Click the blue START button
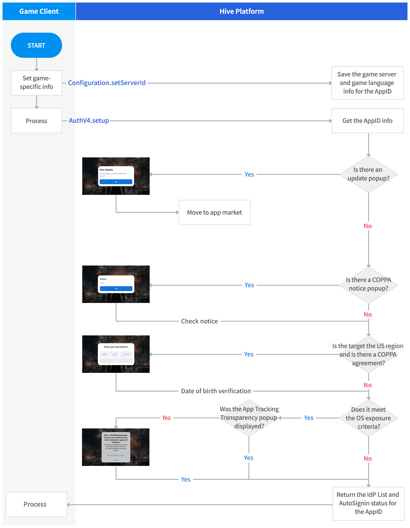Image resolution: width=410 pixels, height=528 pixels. [36, 45]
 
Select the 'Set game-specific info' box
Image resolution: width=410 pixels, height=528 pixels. [36, 83]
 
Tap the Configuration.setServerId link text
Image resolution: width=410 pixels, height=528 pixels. [107, 83]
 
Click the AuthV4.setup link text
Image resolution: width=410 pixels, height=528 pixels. [89, 121]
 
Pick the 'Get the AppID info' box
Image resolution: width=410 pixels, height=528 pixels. [367, 121]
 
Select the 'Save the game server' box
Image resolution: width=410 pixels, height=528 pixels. [367, 83]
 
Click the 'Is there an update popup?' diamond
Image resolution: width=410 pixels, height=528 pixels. [368, 174]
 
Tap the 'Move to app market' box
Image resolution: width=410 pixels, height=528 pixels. [215, 212]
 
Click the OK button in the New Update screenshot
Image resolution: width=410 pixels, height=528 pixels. [116, 182]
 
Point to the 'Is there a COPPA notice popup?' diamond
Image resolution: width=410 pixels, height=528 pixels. [368, 284]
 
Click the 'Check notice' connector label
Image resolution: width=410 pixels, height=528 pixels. [199, 321]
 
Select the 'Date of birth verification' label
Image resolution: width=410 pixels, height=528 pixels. [216, 391]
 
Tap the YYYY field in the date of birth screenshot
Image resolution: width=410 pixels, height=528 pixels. [126, 354]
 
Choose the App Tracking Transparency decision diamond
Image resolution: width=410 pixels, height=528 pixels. [249, 418]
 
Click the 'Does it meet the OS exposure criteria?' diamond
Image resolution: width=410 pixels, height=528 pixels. [368, 418]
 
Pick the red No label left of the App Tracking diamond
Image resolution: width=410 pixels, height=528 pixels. [167, 418]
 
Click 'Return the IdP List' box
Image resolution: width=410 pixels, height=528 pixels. [368, 503]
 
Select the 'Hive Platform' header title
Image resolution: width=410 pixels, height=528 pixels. [241, 11]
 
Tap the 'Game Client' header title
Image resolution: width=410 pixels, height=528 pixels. [39, 11]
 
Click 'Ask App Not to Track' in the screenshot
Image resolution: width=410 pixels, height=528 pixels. [116, 455]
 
